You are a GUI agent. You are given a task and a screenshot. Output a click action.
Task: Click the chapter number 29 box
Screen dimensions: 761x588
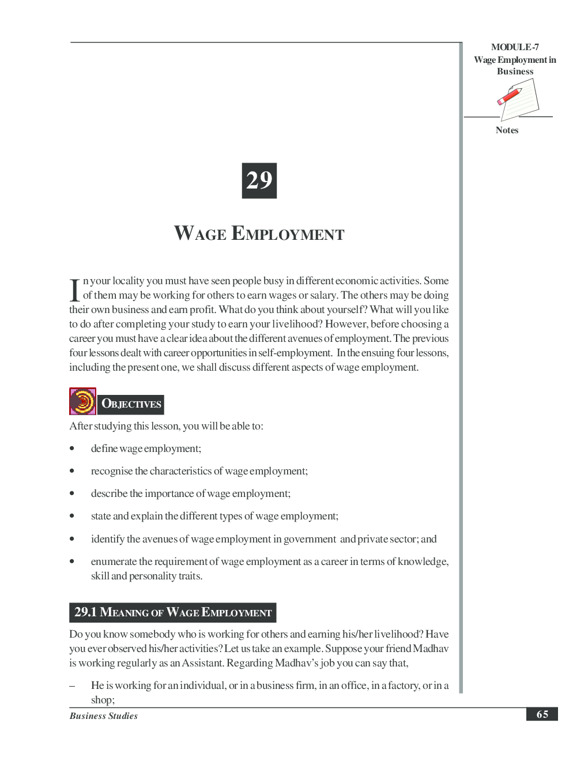click(259, 180)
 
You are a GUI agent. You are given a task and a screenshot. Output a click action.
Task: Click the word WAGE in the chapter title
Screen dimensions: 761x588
click(200, 234)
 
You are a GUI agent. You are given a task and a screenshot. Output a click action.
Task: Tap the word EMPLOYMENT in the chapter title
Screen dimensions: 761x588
click(288, 234)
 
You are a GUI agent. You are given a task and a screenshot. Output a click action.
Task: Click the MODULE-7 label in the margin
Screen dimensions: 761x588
click(515, 47)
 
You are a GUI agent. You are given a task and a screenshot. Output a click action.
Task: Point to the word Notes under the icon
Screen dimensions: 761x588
click(507, 130)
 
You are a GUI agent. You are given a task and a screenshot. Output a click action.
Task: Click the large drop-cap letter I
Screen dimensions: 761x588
click(74, 290)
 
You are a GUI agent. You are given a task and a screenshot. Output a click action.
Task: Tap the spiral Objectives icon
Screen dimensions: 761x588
click(82, 401)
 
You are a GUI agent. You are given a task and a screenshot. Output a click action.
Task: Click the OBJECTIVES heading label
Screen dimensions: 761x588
click(131, 404)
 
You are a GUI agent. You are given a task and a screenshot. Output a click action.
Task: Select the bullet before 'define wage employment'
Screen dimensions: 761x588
click(72, 449)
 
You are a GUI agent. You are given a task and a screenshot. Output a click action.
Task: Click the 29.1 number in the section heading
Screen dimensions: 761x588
click(85, 612)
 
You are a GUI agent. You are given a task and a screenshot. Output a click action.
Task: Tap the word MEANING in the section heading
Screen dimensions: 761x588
click(124, 612)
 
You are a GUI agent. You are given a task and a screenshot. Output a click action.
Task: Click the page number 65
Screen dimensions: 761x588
click(542, 714)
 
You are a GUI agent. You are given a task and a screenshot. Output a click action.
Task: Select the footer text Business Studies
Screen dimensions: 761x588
click(103, 716)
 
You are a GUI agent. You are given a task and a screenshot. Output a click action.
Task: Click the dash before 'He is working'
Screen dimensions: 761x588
click(72, 686)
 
